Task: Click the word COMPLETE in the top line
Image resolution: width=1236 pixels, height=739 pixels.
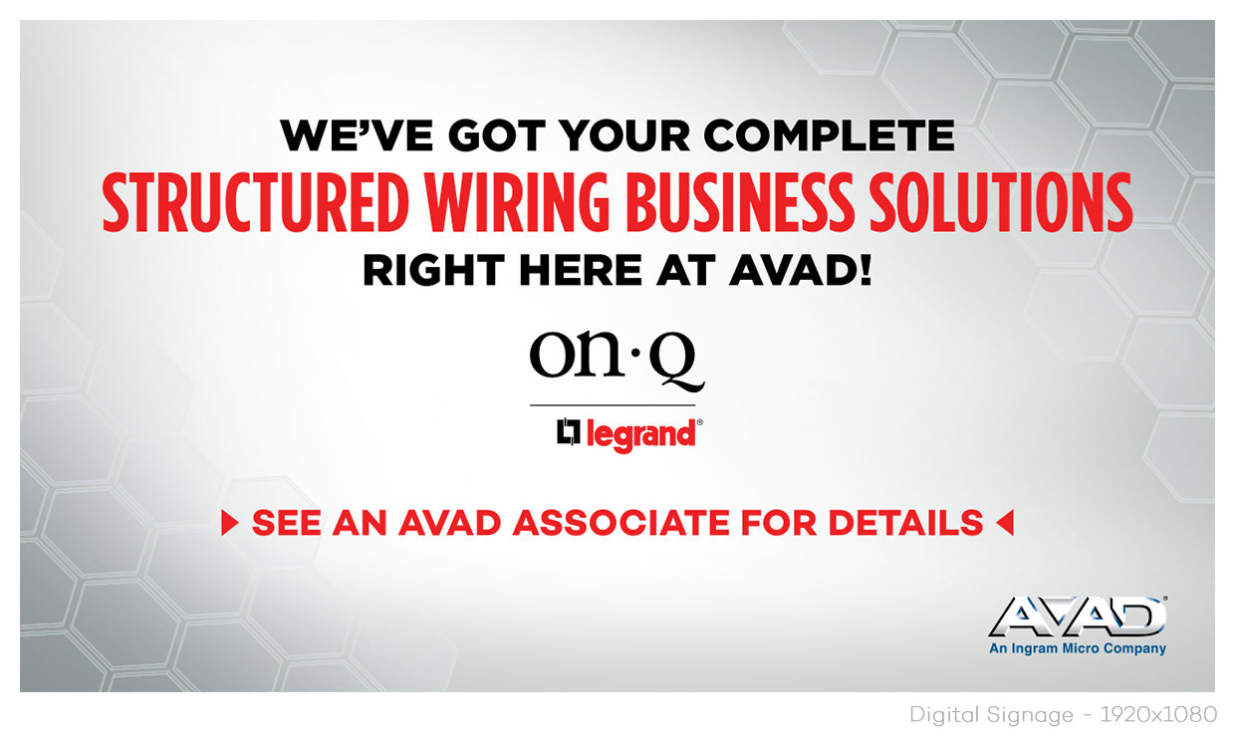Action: (830, 135)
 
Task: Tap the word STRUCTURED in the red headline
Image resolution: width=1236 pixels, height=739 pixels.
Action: (255, 202)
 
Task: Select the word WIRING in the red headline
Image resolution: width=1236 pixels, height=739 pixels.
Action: (517, 202)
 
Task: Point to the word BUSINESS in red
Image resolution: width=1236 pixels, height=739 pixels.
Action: (740, 202)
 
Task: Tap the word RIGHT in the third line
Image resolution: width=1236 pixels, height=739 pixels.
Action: (433, 271)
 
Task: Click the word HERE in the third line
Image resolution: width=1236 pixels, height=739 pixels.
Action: (581, 271)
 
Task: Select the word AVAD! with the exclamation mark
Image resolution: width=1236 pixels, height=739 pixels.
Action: (801, 271)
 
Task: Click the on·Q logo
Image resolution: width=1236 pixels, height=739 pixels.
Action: (617, 360)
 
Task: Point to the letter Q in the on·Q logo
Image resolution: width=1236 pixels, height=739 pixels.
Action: (676, 365)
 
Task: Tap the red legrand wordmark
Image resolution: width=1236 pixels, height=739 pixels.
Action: (640, 435)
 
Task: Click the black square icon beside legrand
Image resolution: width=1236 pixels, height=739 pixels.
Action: (569, 431)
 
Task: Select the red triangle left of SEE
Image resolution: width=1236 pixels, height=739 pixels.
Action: (229, 523)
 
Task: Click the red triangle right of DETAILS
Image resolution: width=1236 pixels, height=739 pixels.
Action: (1005, 523)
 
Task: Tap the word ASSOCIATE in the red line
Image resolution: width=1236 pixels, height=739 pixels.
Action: (621, 523)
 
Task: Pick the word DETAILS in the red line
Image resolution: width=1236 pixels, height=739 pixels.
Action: (906, 523)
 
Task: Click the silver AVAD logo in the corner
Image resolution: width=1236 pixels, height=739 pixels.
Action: (1078, 616)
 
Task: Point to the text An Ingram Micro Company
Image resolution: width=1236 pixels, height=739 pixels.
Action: (1078, 648)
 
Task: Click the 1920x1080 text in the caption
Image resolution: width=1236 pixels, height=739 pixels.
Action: (1158, 715)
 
